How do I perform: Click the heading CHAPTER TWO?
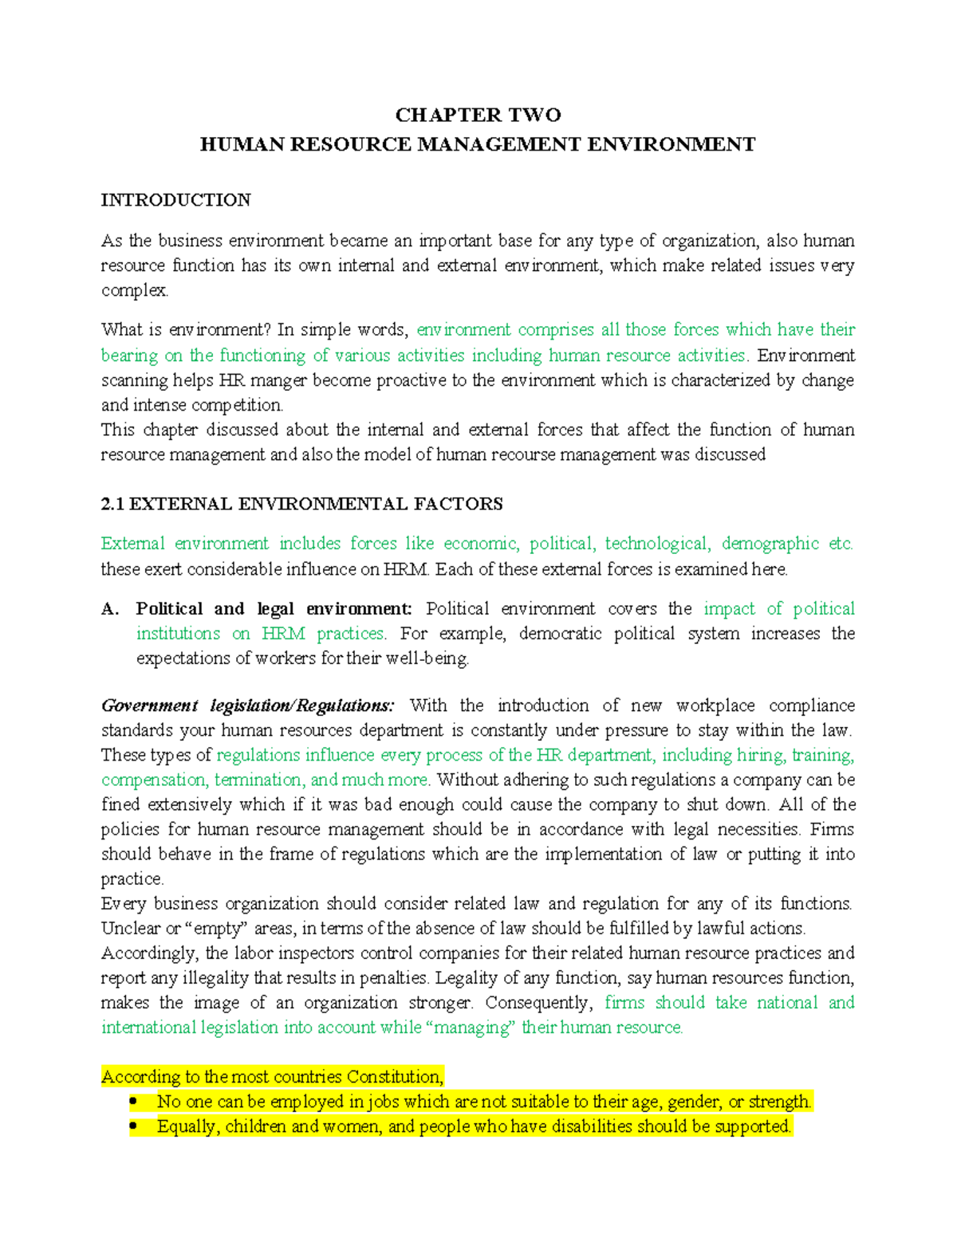click(x=478, y=115)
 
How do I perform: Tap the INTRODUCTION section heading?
click(x=175, y=200)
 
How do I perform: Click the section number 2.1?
click(x=112, y=504)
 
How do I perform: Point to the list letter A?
click(x=110, y=609)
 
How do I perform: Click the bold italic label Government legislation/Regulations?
click(x=247, y=705)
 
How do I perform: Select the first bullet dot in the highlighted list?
click(x=133, y=1102)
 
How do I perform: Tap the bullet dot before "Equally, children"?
click(x=133, y=1126)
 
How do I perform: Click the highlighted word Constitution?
click(x=393, y=1077)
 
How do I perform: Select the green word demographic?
click(x=770, y=544)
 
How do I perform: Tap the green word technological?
click(x=657, y=544)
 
